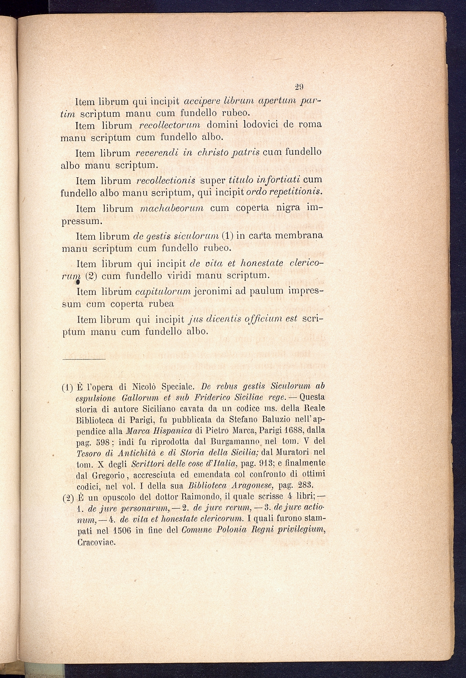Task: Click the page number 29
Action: [299, 86]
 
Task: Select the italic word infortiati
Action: [276, 178]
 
